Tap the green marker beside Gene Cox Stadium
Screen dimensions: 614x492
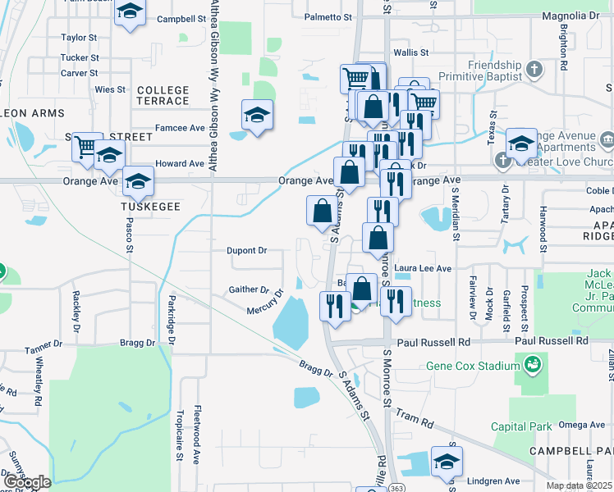tap(533, 362)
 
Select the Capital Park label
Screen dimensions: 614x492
tap(521, 426)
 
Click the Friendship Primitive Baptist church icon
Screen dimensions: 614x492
tap(534, 68)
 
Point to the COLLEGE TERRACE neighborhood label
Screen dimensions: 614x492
tap(163, 95)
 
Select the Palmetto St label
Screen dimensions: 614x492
tap(328, 16)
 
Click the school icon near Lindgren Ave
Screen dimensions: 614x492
tap(446, 462)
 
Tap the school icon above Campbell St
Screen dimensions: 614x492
tap(130, 12)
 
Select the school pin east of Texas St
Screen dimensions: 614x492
tap(520, 143)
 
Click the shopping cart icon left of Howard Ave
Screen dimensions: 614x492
tap(85, 147)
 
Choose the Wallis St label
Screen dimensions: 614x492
tap(411, 52)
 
